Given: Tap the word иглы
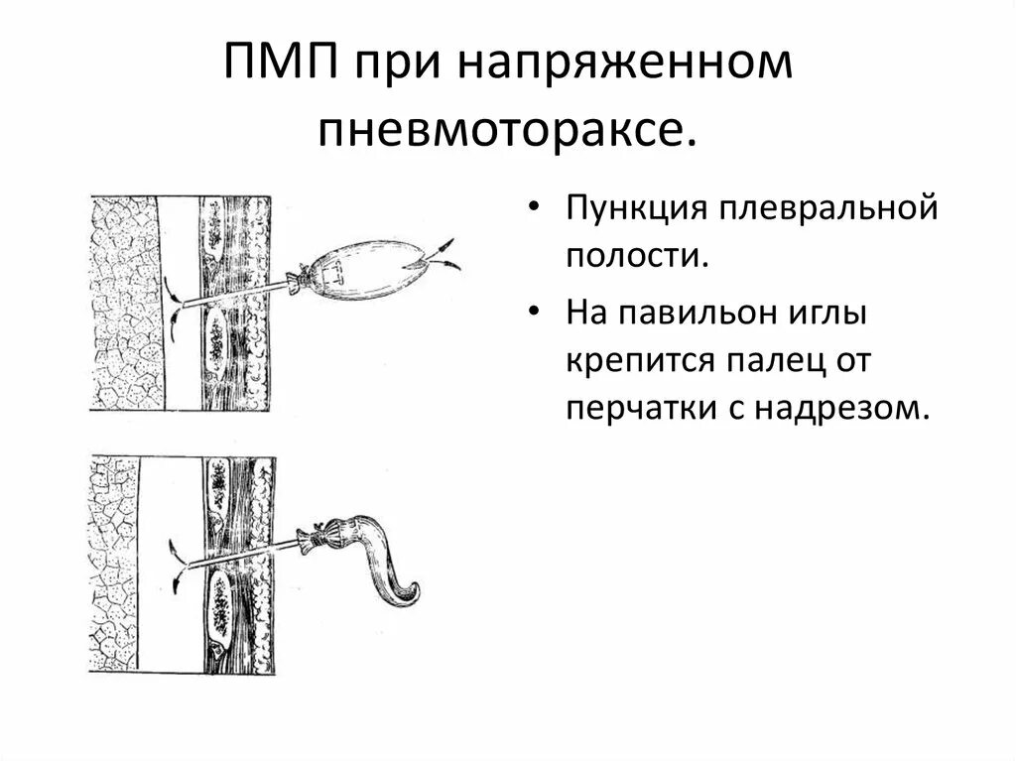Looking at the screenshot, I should click(829, 317).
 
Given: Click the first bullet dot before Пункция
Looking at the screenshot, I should click(536, 211).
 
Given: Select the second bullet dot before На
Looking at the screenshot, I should click(536, 316).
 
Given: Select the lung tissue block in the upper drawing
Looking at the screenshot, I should click(123, 303).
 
